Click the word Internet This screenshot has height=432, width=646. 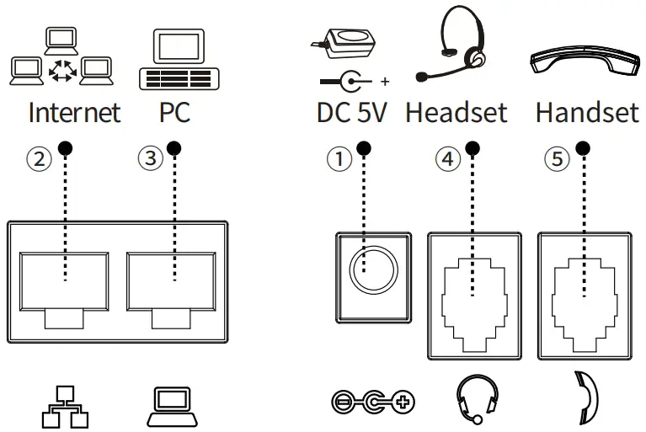pyautogui.click(x=74, y=113)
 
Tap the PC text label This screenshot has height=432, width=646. pyautogui.click(x=174, y=113)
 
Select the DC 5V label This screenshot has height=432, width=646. pyautogui.click(x=352, y=113)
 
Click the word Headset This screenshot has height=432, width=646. pyautogui.click(x=456, y=113)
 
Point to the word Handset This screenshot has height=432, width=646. pyautogui.click(x=587, y=113)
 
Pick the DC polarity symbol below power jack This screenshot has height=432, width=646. pyautogui.click(x=374, y=403)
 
